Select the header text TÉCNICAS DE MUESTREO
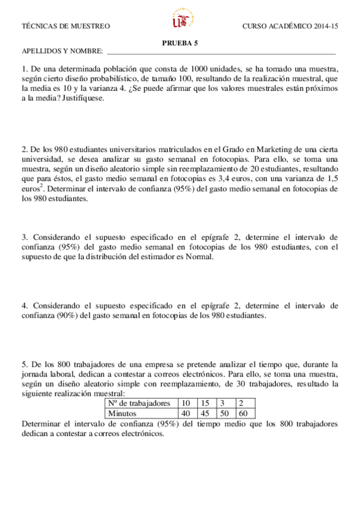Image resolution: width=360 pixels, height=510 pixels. pos(66,26)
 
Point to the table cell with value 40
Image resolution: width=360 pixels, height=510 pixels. pos(186,414)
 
